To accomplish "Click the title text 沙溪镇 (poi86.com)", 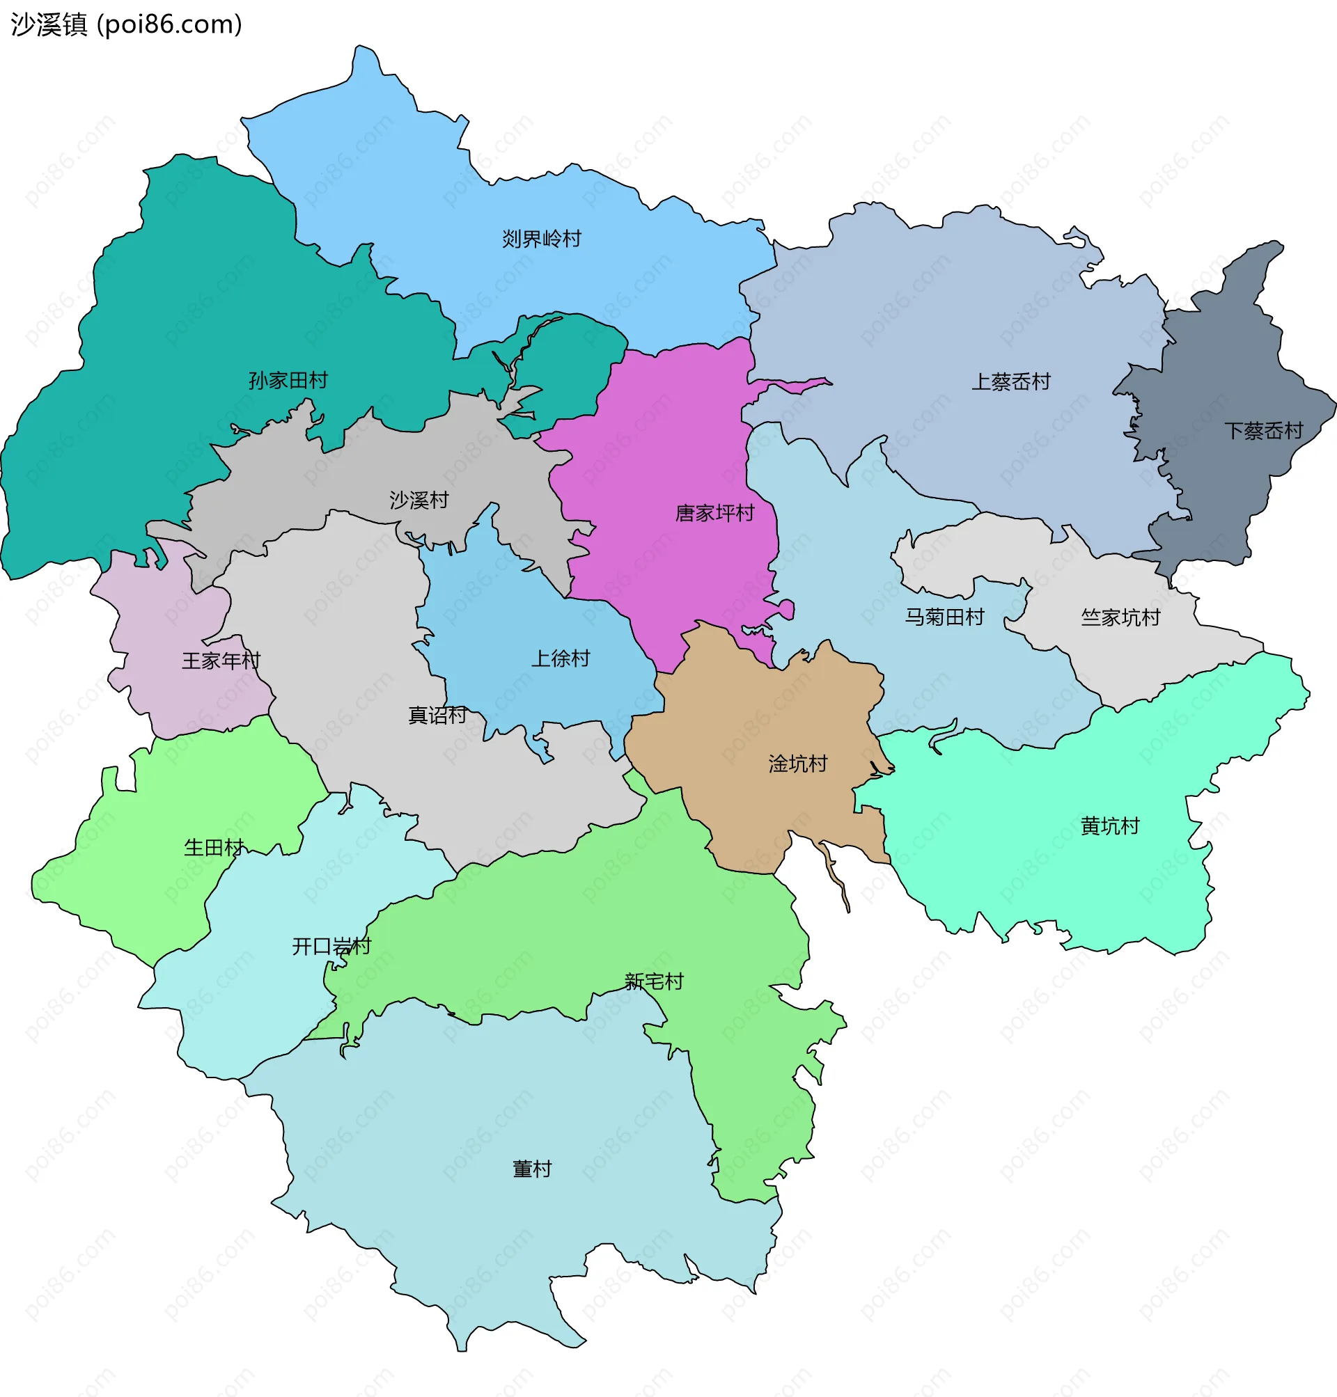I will click(x=127, y=24).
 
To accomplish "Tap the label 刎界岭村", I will click(x=542, y=239).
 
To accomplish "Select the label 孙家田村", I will click(x=288, y=381).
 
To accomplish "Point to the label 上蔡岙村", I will click(x=1010, y=382).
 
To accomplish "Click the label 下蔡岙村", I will click(x=1263, y=430).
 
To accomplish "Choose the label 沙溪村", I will click(x=419, y=500).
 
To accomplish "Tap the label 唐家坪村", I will click(x=714, y=513).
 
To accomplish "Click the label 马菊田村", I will click(x=944, y=617).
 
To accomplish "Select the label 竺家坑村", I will click(x=1120, y=617).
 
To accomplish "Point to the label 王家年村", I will click(x=221, y=661).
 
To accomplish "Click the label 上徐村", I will click(x=560, y=658).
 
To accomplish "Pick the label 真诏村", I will click(x=437, y=715).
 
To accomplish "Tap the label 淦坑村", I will click(x=797, y=764).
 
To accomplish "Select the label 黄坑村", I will click(x=1110, y=826).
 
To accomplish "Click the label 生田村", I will click(x=214, y=848).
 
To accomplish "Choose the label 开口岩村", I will click(x=331, y=946).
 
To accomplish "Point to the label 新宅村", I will click(x=654, y=981).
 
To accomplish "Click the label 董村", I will click(x=531, y=1169).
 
